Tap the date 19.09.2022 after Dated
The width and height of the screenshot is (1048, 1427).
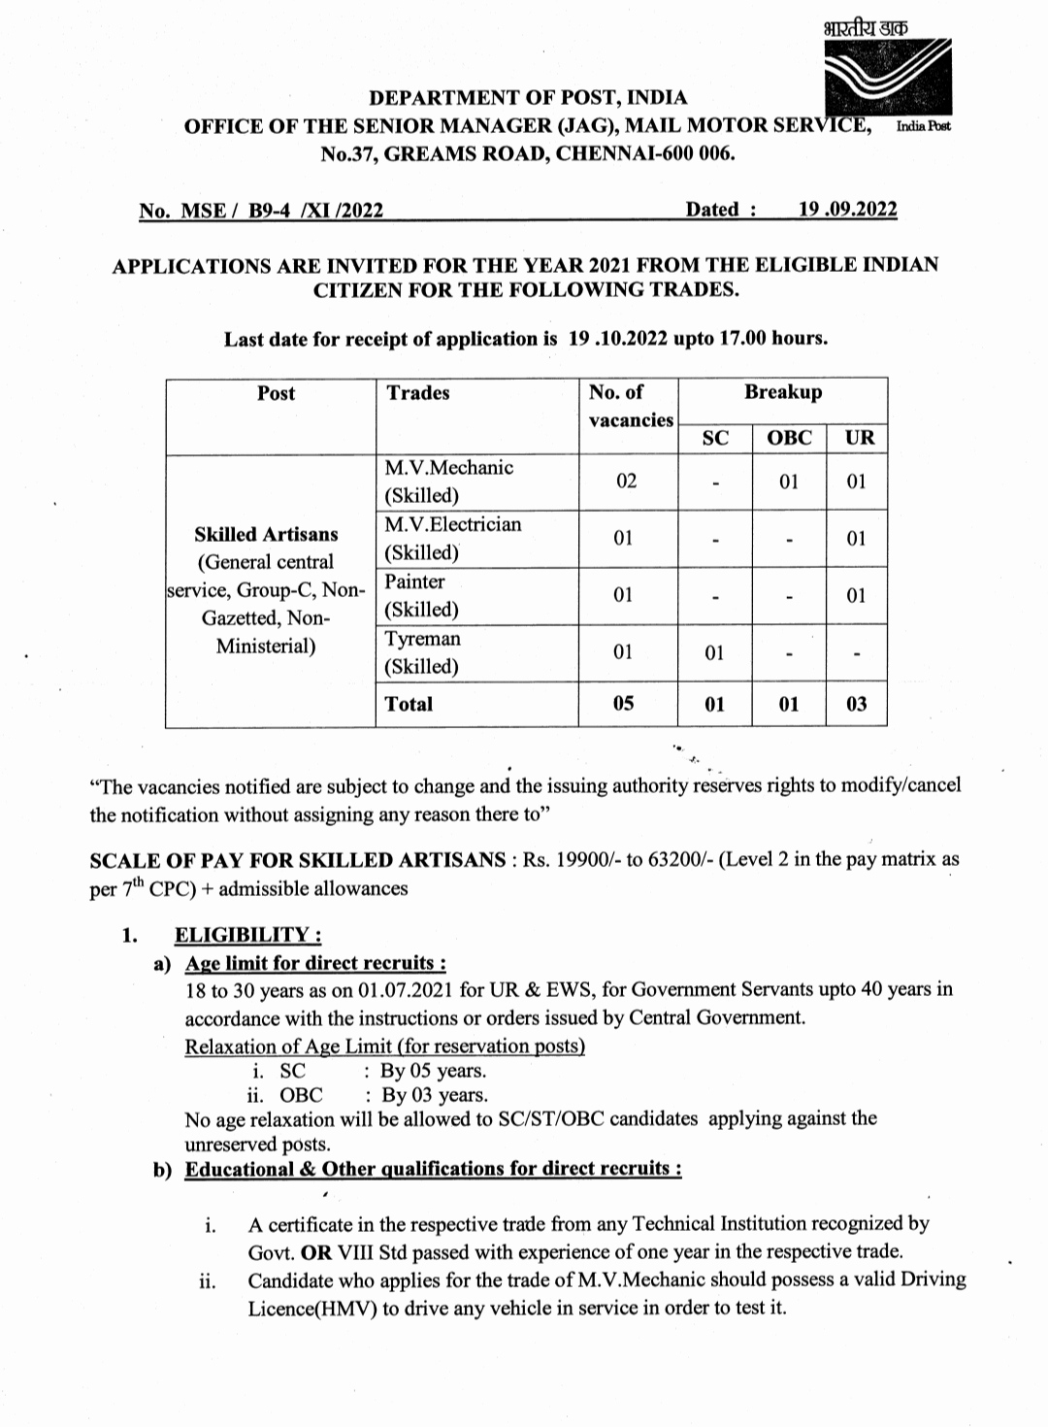(847, 210)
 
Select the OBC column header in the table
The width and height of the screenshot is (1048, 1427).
(789, 438)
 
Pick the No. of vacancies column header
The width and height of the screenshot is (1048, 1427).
(630, 406)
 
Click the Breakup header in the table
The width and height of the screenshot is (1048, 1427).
(783, 392)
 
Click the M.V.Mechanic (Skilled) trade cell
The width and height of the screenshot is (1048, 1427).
(448, 481)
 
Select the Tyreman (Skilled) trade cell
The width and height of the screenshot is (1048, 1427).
(422, 652)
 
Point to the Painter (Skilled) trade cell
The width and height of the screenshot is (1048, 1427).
(420, 595)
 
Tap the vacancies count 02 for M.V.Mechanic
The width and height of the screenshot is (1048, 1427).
(627, 481)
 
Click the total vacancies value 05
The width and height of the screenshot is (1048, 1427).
(624, 703)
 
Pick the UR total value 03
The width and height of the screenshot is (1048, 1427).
(856, 704)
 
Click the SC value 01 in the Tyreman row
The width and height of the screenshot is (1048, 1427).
(714, 652)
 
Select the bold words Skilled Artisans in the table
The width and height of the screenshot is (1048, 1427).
(266, 534)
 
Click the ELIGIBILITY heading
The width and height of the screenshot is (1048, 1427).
(247, 935)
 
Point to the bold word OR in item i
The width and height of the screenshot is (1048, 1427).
(316, 1251)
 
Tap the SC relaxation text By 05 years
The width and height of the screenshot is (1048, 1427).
(434, 1071)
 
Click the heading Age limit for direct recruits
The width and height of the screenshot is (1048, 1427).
(315, 963)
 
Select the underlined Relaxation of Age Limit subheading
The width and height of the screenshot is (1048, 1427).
(385, 1045)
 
